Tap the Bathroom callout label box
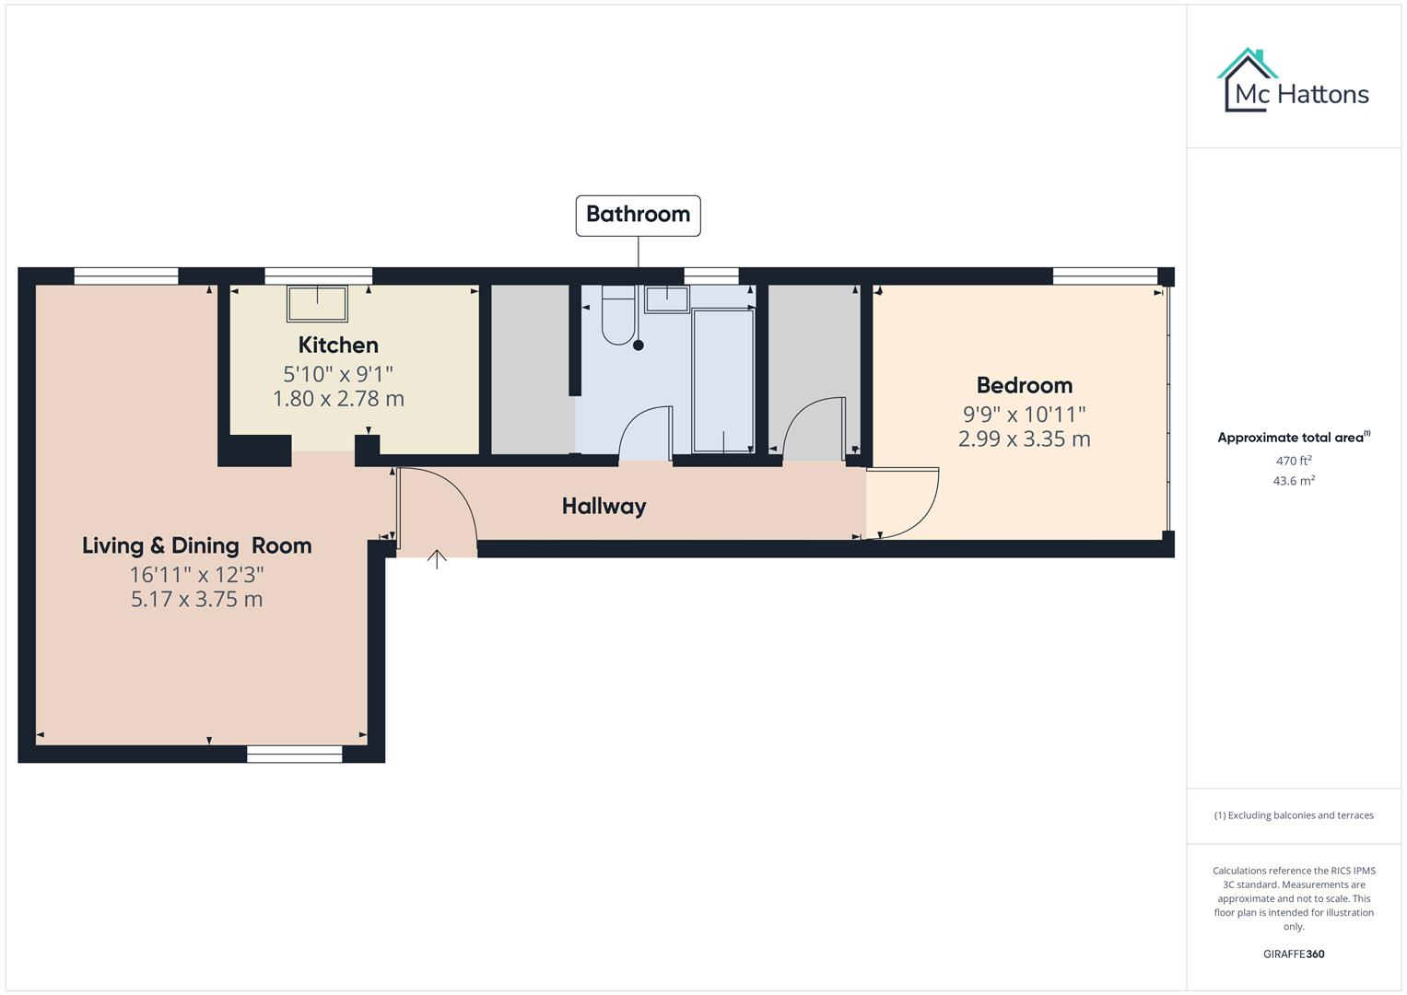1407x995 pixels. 638,215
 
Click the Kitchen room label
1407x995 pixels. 338,345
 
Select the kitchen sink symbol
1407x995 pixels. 318,303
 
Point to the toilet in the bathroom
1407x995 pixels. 617,313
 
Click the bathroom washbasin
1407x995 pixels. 666,298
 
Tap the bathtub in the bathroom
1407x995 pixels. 723,380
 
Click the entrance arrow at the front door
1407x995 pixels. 437,558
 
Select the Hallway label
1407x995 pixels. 604,506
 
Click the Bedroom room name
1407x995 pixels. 1024,385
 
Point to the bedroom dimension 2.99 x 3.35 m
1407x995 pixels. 1024,439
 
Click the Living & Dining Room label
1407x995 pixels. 196,545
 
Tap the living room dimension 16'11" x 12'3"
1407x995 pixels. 196,575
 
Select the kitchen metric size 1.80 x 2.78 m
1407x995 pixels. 338,399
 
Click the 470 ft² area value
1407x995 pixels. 1293,461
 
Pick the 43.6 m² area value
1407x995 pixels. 1293,481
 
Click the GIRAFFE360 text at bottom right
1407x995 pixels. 1293,954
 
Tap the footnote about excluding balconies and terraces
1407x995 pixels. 1293,815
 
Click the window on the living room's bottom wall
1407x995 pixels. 294,755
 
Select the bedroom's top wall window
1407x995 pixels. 1105,275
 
